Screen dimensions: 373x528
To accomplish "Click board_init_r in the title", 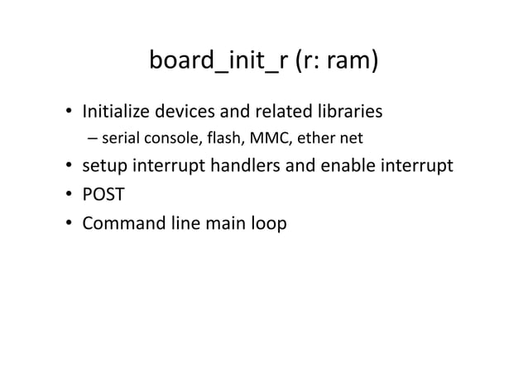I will [218, 62].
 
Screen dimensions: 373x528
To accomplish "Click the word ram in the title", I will [350, 62].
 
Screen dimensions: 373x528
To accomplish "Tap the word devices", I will [178, 109].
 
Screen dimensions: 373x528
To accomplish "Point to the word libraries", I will [347, 109].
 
